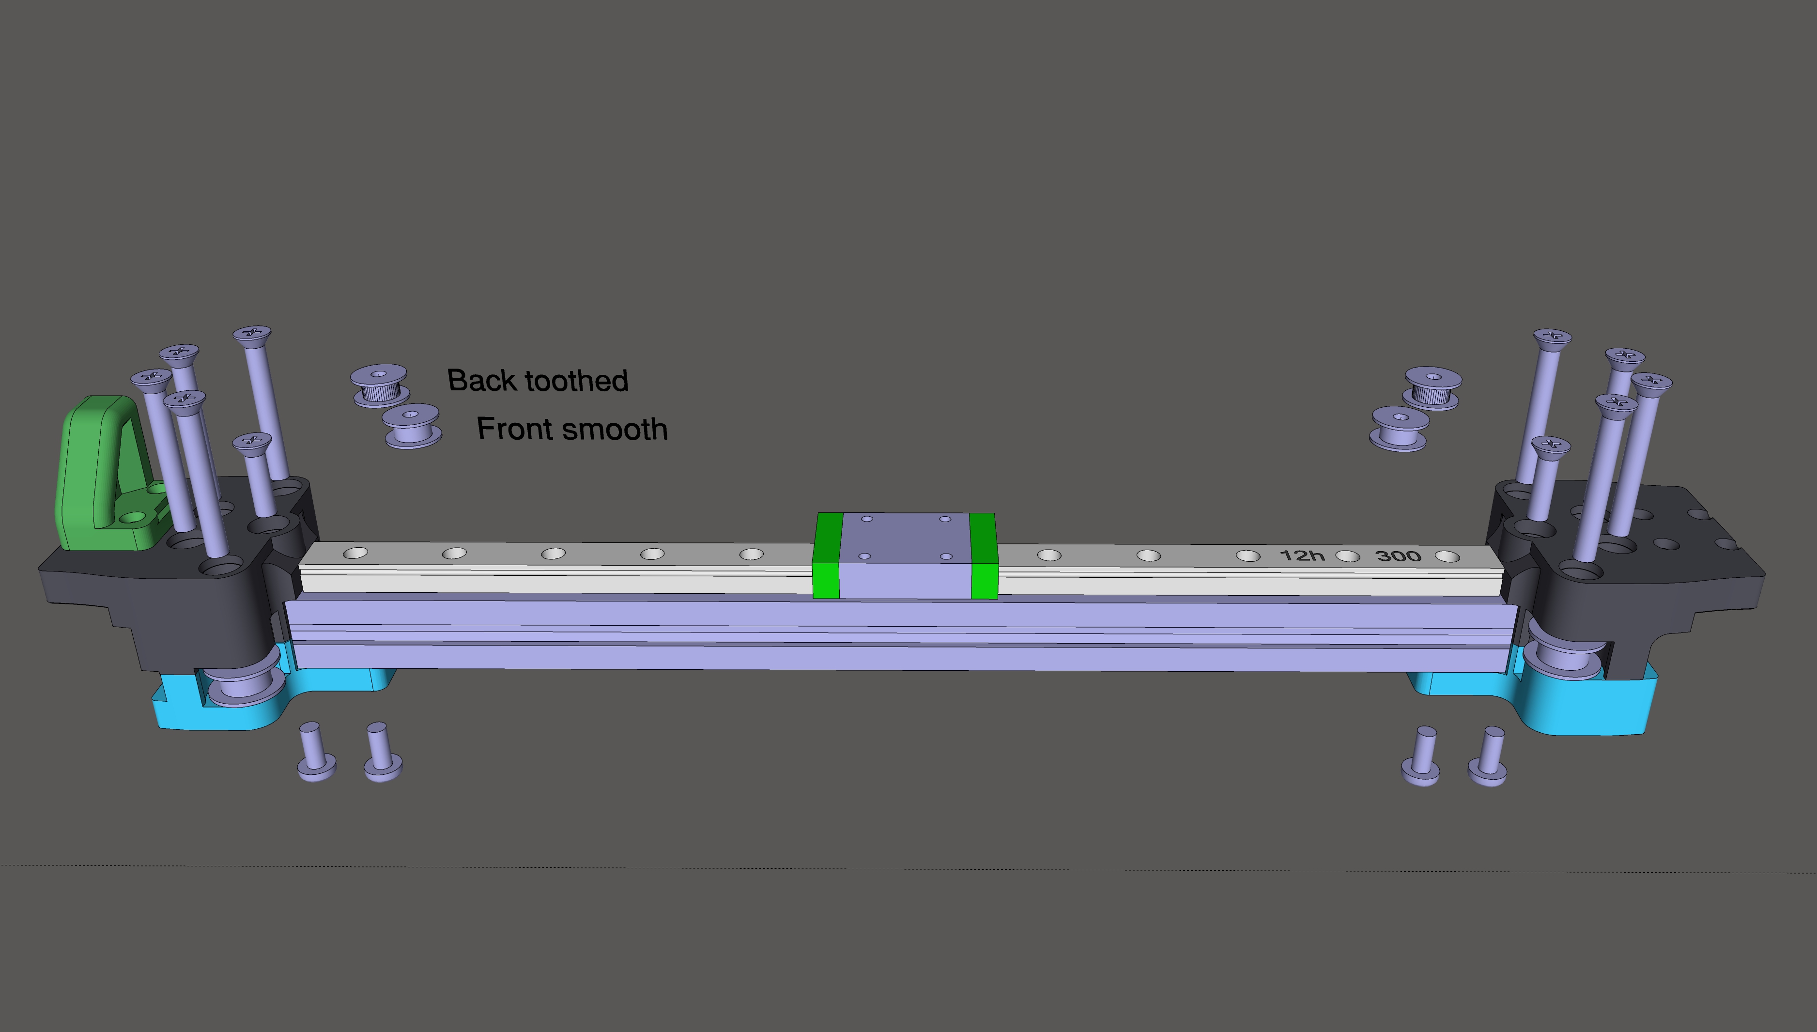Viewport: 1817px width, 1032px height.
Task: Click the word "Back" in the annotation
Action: (x=482, y=381)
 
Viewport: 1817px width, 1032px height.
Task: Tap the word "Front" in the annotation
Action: (x=515, y=429)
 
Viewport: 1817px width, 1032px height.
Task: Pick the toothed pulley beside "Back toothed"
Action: (x=380, y=385)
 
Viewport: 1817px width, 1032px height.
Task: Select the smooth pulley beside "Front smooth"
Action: (x=412, y=426)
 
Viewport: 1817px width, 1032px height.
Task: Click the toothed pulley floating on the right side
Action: (x=1432, y=388)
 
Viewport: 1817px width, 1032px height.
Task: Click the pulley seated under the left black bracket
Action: (x=245, y=683)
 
